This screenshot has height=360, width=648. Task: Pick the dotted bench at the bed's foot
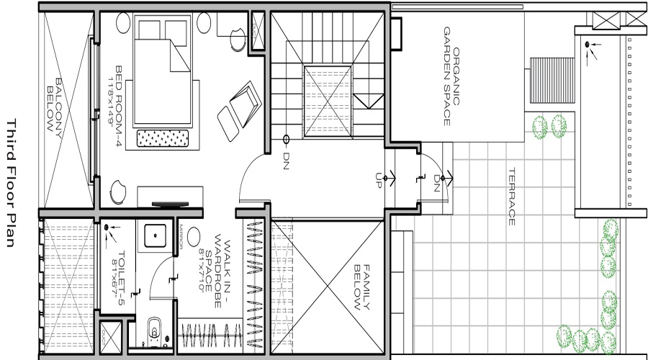(x=163, y=137)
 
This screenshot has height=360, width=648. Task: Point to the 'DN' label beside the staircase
(x=286, y=156)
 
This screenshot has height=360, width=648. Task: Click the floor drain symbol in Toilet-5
(x=108, y=228)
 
